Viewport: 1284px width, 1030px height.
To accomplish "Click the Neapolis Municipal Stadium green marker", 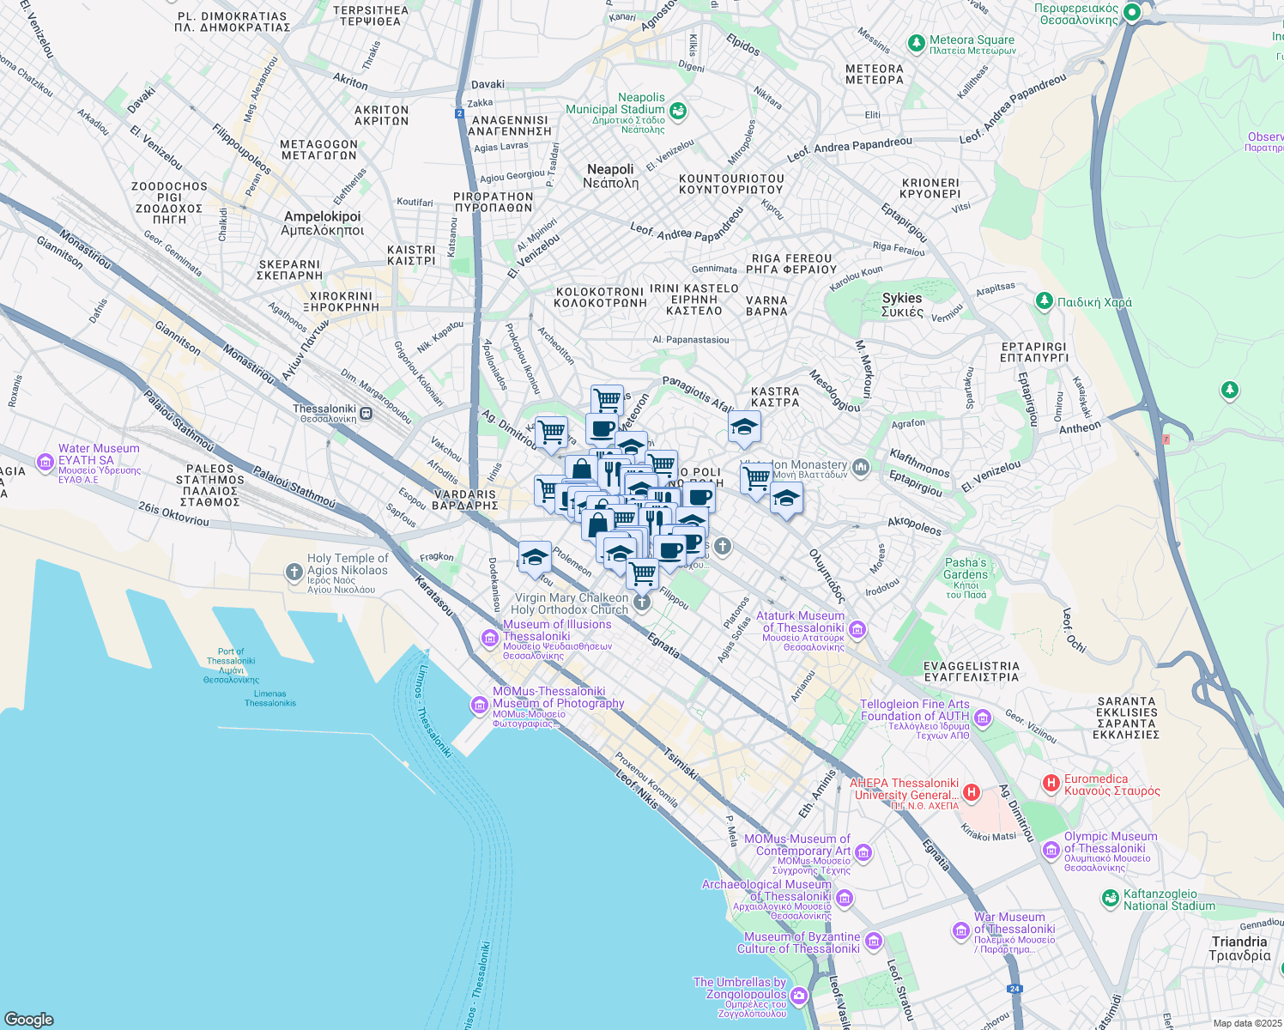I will (x=678, y=111).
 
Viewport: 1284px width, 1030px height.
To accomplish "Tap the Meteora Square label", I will (x=971, y=40).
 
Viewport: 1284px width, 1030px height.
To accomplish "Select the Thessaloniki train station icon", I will (x=366, y=413).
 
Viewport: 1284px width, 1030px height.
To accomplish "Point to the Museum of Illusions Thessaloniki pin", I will (x=489, y=637).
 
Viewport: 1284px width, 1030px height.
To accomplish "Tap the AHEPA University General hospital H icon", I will (x=971, y=791).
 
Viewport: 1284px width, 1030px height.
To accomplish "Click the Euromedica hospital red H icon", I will (x=1051, y=783).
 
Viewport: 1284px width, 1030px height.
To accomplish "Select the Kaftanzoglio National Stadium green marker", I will (x=1111, y=898).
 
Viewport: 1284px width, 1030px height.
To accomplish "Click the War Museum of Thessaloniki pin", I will (x=960, y=930).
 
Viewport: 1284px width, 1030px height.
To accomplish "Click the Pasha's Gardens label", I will (x=966, y=568).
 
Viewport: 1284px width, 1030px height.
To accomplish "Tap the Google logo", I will (x=29, y=1019).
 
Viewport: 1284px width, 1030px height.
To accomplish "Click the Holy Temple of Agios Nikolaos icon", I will (x=294, y=572).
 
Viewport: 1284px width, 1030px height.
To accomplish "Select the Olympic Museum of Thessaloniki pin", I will (x=1051, y=850).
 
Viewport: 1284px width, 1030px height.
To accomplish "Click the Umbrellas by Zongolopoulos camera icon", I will (x=799, y=996).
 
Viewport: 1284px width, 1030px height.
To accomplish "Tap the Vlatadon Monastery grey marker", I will (x=861, y=468).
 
